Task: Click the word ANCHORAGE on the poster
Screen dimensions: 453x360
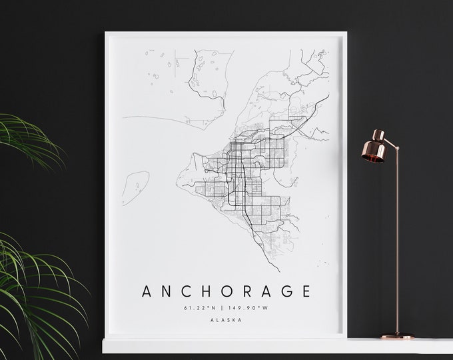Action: point(226,291)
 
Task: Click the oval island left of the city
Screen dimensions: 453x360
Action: point(137,181)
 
